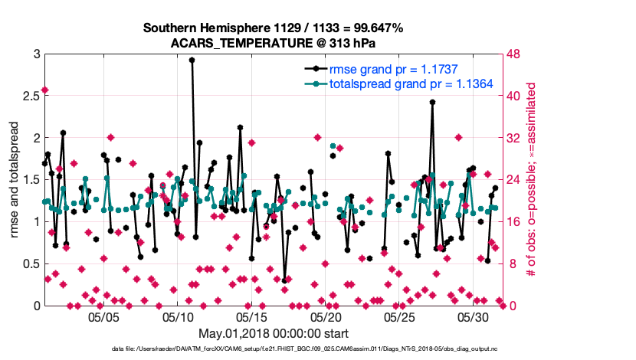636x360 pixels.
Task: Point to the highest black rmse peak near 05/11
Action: point(192,60)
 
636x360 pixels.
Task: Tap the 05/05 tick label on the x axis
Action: point(104,316)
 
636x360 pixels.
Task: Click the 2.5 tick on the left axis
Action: point(31,97)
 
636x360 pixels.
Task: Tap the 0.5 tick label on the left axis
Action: point(31,264)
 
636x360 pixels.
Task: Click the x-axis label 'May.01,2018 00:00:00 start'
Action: point(273,333)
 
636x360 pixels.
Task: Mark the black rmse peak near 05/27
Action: point(432,102)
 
